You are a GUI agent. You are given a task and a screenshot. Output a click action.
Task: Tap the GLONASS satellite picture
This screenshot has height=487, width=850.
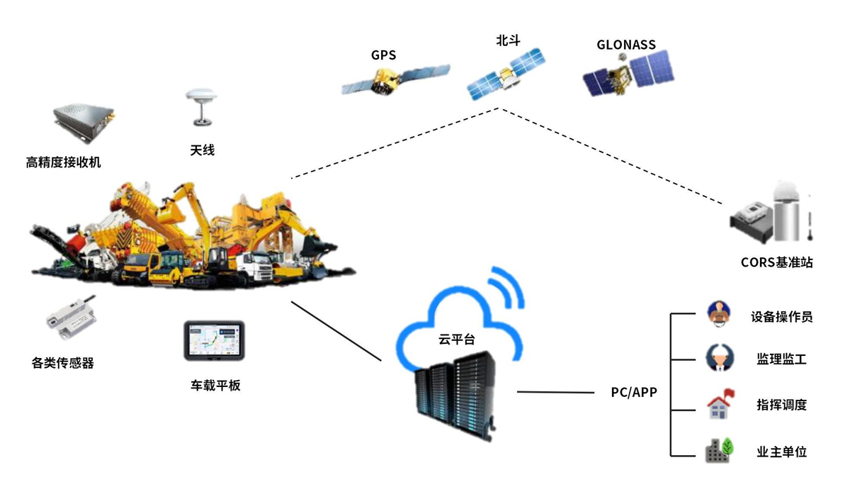click(627, 74)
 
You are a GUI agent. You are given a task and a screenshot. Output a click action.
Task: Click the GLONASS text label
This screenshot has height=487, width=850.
click(626, 45)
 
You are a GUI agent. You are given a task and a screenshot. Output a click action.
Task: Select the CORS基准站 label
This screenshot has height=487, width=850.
click(776, 262)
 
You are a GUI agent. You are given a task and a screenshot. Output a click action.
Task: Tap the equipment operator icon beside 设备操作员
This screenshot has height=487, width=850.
click(720, 314)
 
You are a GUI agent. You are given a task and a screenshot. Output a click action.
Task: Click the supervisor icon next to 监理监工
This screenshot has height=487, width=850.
click(720, 359)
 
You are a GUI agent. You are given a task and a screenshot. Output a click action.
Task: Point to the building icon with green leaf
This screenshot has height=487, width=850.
click(720, 450)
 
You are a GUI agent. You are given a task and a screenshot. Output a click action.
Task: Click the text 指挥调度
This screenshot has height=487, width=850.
click(781, 405)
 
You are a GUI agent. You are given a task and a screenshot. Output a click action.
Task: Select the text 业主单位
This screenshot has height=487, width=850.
click(781, 452)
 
